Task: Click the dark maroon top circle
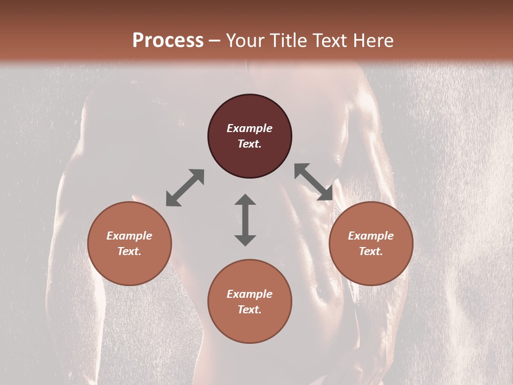[250, 107]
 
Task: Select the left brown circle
[129, 267]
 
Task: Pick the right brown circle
[371, 267]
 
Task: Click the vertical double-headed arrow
[245, 220]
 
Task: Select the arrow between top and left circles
[185, 188]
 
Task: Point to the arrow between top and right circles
[314, 182]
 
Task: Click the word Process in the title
[168, 40]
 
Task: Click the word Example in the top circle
[250, 128]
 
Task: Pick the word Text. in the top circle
[250, 144]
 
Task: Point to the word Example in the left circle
[129, 236]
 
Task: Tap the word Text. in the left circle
[129, 251]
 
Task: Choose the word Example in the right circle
[371, 236]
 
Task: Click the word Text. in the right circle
[371, 251]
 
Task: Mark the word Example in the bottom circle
[250, 294]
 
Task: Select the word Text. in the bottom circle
[250, 310]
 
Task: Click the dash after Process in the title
[215, 41]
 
